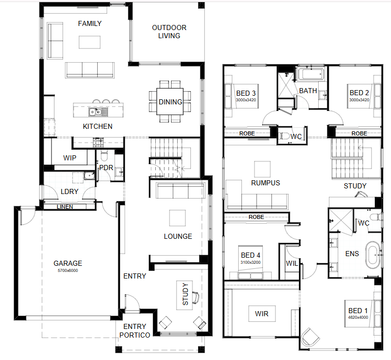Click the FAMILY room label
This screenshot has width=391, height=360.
pyautogui.click(x=90, y=23)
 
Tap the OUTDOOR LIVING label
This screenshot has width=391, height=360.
pyautogui.click(x=170, y=32)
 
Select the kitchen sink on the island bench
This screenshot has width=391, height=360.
pyautogui.click(x=98, y=112)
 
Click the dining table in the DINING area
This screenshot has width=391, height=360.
pyautogui.click(x=170, y=101)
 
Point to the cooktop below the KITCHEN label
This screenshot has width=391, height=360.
pyautogui.click(x=98, y=142)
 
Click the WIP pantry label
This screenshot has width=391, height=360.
pyautogui.click(x=70, y=158)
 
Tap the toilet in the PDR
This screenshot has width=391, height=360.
pyautogui.click(x=104, y=155)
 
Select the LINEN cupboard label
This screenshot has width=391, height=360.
pyautogui.click(x=65, y=207)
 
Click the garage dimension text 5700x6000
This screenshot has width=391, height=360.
pyautogui.click(x=68, y=270)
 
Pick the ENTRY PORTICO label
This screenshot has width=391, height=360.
pyautogui.click(x=134, y=331)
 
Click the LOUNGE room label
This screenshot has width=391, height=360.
pyautogui.click(x=178, y=236)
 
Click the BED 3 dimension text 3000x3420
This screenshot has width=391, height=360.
pyautogui.click(x=246, y=100)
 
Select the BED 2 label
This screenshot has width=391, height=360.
pyautogui.click(x=359, y=93)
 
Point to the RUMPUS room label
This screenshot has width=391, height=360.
pyautogui.click(x=266, y=183)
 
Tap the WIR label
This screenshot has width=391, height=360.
pyautogui.click(x=262, y=314)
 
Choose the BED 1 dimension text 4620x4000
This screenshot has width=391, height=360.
pyautogui.click(x=358, y=317)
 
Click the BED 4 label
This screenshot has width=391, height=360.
pyautogui.click(x=250, y=255)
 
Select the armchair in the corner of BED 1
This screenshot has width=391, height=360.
pyautogui.click(x=310, y=337)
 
